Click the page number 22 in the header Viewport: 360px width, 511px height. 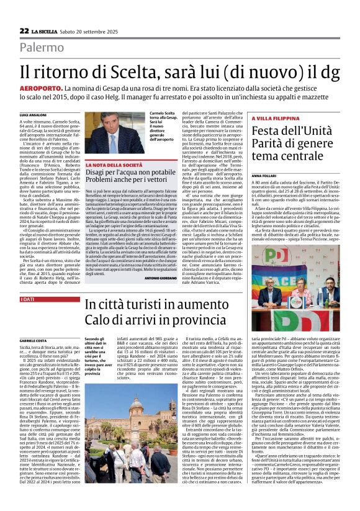[24, 30]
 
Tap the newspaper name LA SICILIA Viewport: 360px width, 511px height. [47, 31]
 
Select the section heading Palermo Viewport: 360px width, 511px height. [42, 47]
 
